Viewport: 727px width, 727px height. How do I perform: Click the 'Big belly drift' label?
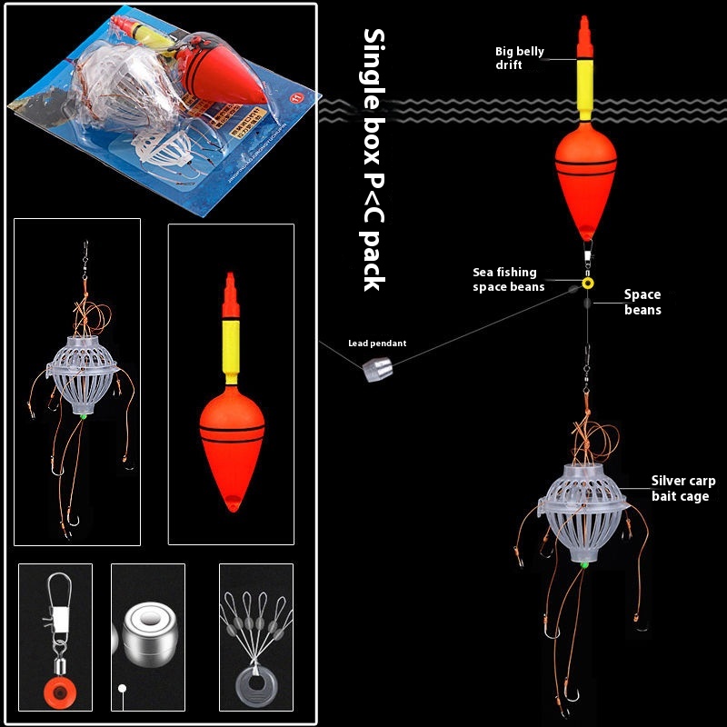pos(520,58)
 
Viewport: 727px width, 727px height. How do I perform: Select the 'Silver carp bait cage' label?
pos(682,488)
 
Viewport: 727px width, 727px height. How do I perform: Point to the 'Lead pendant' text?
pos(377,344)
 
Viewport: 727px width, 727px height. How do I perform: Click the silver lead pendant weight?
pos(375,370)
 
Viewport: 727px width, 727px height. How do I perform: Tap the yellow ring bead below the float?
pos(588,284)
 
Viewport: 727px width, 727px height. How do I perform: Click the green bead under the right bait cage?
pos(583,564)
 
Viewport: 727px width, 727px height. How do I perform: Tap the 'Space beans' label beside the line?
pos(642,302)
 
